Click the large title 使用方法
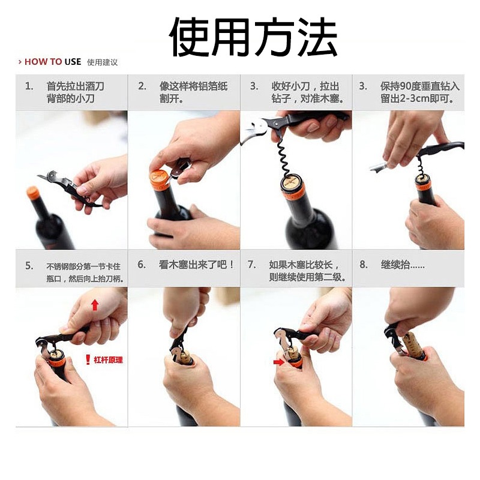pos(253,37)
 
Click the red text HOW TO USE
pos(52,62)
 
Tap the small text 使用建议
pos(103,62)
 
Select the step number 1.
pos(29,86)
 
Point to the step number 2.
pos(142,86)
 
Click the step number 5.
pos(29,265)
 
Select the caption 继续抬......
pos(401,265)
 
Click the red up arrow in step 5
pos(94,305)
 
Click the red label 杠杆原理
pos(109,361)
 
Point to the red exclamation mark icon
pos(88,360)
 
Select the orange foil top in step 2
pos(160,180)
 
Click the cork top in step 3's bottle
pos(292,182)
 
